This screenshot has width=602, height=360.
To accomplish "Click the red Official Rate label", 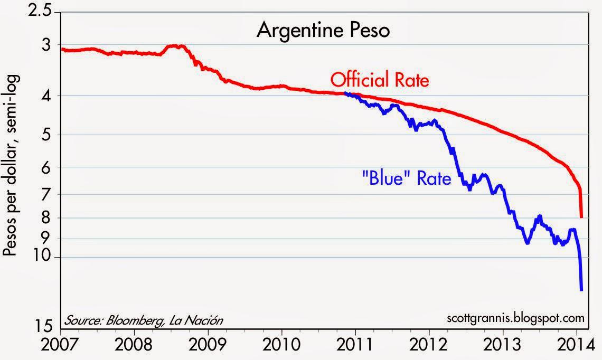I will pyautogui.click(x=380, y=81).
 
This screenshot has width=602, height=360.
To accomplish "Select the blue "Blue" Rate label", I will pyautogui.click(x=406, y=178).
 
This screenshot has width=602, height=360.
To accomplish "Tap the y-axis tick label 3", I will pyautogui.click(x=49, y=45).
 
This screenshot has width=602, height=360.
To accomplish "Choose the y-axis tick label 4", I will pyautogui.click(x=49, y=96).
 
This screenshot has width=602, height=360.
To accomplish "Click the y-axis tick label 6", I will pyautogui.click(x=49, y=167).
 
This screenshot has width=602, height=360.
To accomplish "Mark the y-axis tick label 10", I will pyautogui.click(x=45, y=257).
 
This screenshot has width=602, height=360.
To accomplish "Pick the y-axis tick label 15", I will pyautogui.click(x=45, y=326).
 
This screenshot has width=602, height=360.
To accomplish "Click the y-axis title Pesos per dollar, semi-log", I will pyautogui.click(x=12, y=165).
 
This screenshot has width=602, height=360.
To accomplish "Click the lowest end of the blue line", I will pyautogui.click(x=581, y=290).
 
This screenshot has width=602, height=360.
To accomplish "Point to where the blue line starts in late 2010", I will pyautogui.click(x=345, y=93).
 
